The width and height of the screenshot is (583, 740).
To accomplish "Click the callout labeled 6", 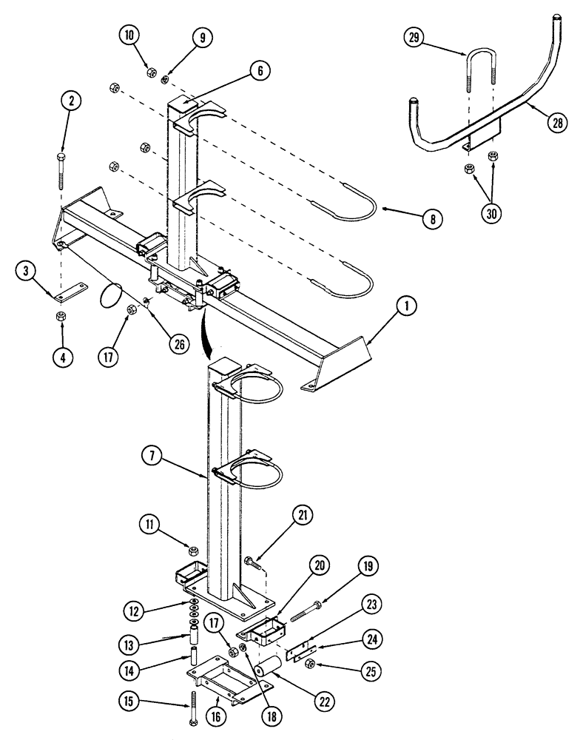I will coord(260,72).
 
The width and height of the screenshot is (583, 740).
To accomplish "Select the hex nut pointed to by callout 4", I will coord(60,317).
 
